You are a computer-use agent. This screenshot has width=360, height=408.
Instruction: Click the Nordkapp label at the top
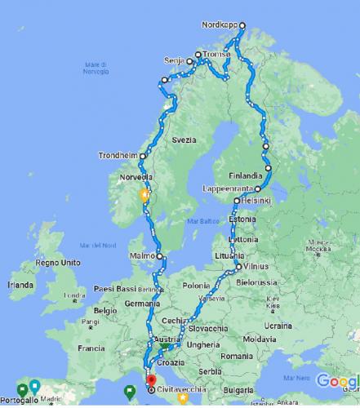218,25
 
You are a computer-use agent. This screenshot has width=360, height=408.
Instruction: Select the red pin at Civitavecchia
149,378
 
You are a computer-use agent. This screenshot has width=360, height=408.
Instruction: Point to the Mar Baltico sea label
204,221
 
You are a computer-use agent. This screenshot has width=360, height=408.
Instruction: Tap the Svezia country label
184,140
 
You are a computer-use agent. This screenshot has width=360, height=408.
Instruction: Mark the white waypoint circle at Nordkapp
242,25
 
